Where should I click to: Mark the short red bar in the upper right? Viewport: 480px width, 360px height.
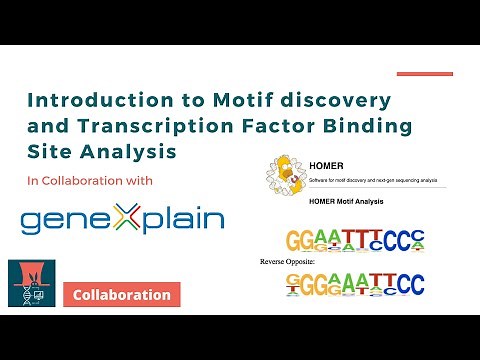click(425, 73)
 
